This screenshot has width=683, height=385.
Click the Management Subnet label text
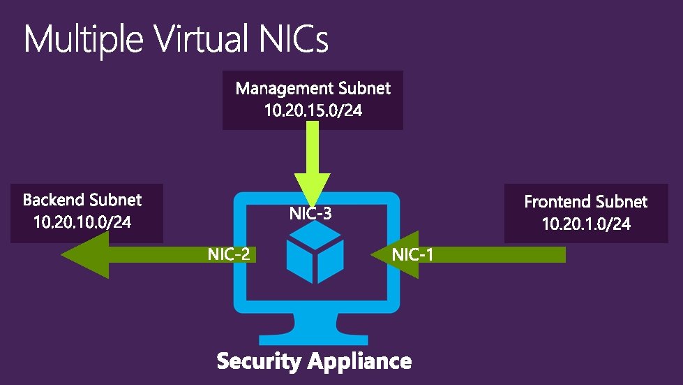click(x=313, y=89)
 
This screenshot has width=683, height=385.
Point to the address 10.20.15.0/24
click(x=313, y=110)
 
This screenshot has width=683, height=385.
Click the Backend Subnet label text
click(x=82, y=201)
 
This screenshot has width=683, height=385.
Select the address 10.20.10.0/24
click(x=82, y=223)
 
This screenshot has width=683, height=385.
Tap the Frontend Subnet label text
click(x=586, y=202)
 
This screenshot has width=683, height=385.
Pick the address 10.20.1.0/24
click(x=586, y=224)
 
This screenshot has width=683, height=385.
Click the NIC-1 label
click(x=412, y=255)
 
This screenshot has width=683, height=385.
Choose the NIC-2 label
click(x=229, y=254)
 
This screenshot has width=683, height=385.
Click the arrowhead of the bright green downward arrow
click(x=312, y=193)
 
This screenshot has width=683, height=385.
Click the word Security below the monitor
click(x=258, y=362)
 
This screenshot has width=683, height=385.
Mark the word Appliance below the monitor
click(x=359, y=362)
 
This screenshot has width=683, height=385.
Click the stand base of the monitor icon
click(x=313, y=343)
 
